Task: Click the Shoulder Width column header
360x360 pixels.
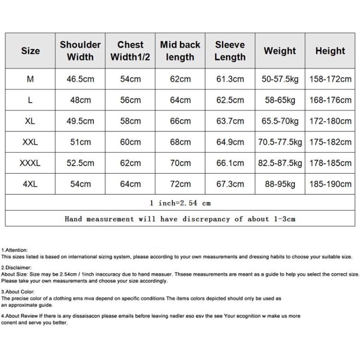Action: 80,50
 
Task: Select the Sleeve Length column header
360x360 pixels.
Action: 230,50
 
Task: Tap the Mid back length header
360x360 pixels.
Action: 180,50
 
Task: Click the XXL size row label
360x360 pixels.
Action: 30,142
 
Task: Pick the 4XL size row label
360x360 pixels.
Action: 30,184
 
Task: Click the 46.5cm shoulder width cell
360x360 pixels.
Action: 80,79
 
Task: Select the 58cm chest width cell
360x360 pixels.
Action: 130,121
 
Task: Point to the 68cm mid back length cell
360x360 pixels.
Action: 180,142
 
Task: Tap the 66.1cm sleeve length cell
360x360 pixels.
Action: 230,163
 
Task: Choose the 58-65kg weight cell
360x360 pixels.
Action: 280,100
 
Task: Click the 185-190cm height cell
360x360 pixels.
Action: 330,184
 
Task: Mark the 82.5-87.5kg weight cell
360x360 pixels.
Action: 280,163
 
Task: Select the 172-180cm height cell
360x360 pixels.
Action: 330,121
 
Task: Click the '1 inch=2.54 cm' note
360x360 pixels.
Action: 180,203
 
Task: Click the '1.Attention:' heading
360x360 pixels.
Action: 14,250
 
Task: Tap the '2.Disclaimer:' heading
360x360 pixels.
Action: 16,267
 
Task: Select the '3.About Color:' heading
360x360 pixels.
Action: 18,291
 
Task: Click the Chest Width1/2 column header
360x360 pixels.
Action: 130,50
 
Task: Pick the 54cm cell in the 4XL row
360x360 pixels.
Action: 80,184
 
